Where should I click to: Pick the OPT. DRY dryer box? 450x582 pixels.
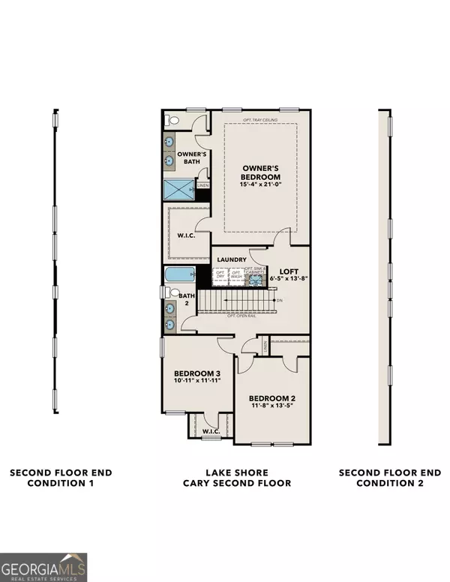pos(220,275)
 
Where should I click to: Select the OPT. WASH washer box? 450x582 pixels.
pos(236,275)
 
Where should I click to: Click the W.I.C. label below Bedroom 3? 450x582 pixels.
pos(211,431)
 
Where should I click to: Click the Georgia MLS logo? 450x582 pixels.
pos(43,566)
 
